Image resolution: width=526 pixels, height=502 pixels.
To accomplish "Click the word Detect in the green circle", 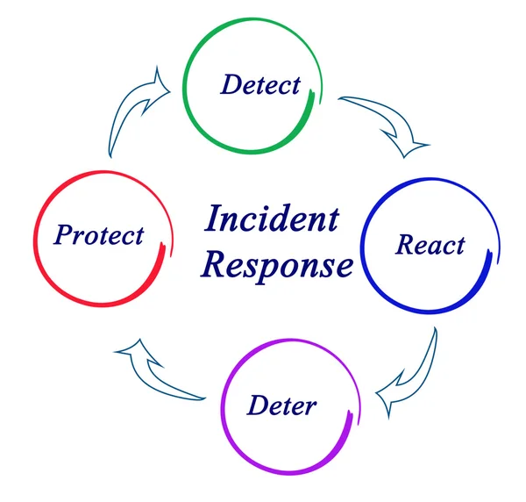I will (x=259, y=84).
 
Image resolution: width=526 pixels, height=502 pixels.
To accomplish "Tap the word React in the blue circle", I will (x=430, y=244).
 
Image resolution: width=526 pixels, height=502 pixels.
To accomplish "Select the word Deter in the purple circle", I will (x=281, y=406).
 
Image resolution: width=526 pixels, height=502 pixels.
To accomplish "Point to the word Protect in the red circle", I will (x=98, y=236).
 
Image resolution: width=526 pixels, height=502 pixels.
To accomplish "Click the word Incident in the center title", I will (x=271, y=219).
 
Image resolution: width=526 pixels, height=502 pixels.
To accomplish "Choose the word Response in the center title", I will (x=277, y=263).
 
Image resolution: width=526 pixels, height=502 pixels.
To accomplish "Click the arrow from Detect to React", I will (x=386, y=123).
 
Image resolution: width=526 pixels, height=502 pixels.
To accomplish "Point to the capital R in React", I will (x=404, y=244).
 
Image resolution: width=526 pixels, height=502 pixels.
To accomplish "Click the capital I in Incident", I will (x=212, y=219).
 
